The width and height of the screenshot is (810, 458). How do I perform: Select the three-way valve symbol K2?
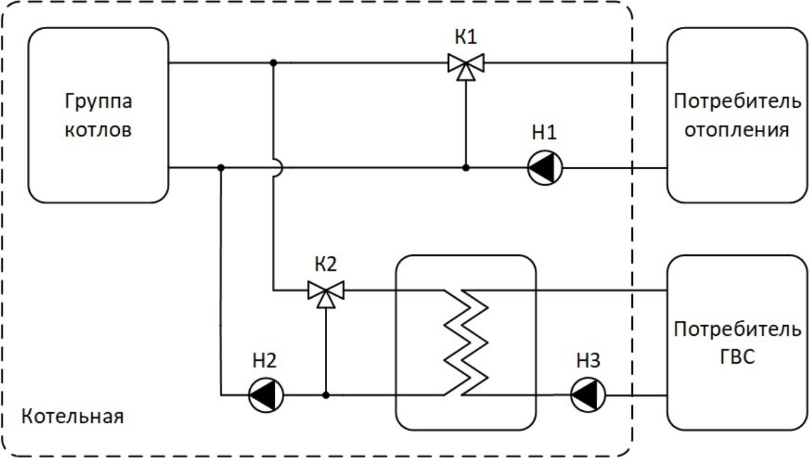coord(326,291)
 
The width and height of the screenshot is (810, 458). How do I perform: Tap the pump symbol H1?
coord(545,168)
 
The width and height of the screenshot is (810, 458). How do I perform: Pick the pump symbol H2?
coord(265,394)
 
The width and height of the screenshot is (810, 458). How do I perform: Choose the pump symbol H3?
coord(588,394)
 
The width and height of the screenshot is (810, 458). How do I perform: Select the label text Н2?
coord(264,360)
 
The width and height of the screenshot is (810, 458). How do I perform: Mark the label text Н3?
coord(588,360)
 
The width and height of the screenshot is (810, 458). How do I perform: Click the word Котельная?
coord(73,416)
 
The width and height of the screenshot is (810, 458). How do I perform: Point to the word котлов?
coord(98,129)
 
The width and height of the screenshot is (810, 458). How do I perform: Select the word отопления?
coord(737,129)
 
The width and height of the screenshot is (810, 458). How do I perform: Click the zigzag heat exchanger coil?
coord(467,342)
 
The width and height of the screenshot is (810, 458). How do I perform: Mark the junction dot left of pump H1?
coord(466,168)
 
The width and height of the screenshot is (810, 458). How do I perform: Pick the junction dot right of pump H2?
coord(326,394)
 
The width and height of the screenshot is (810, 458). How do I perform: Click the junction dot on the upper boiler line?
coord(273,63)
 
